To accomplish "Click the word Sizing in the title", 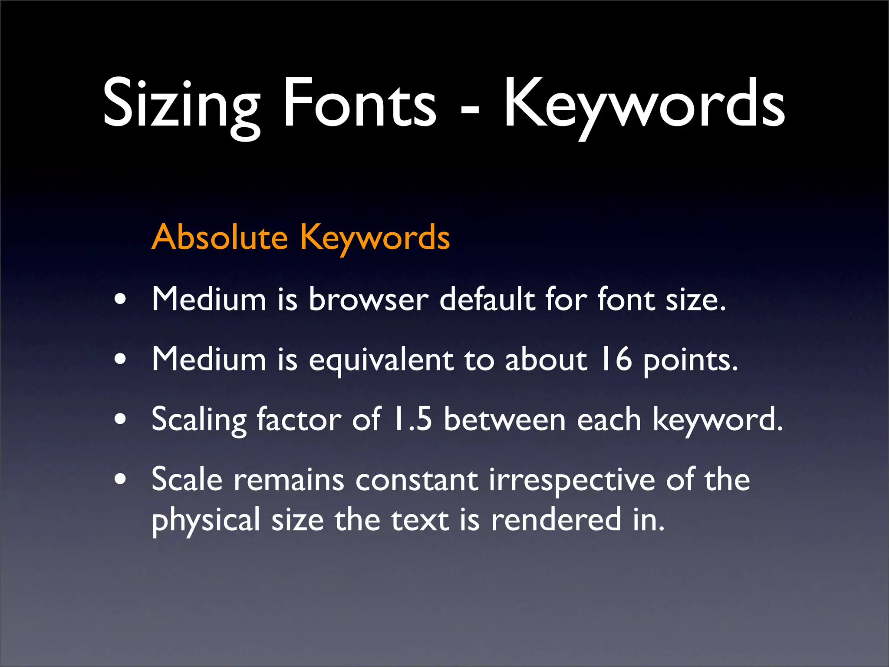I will point(181,104).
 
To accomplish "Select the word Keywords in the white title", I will point(644,104).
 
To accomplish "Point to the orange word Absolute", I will point(220,238).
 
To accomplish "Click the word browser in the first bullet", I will point(369,299).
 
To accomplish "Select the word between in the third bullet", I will point(504,419).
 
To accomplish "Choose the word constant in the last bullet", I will point(417,480).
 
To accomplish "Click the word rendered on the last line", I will point(556,519).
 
